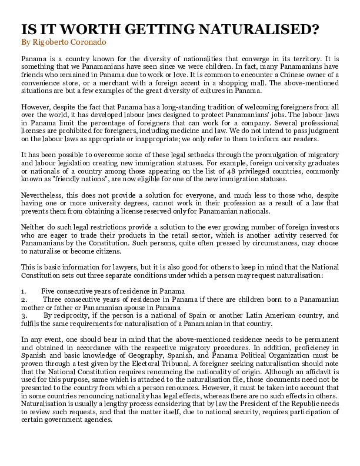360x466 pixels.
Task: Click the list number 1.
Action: pos(23,291)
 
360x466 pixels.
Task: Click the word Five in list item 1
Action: pos(48,291)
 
